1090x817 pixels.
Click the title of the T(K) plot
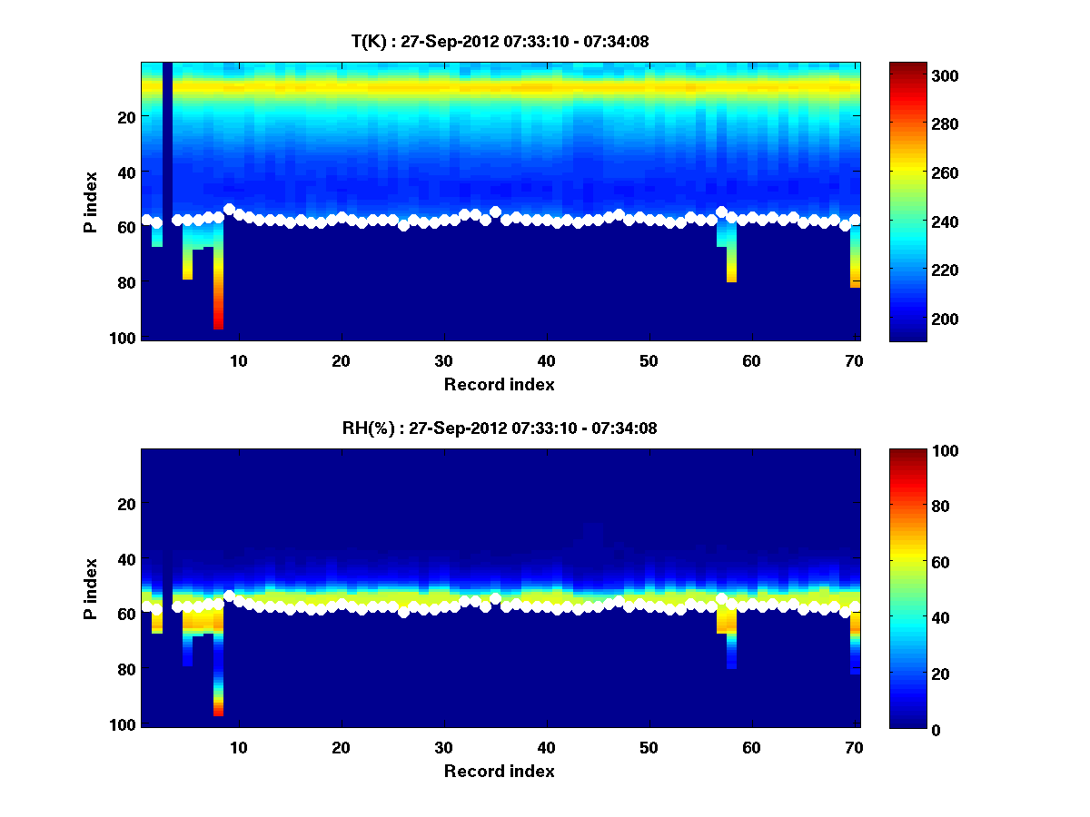click(x=500, y=42)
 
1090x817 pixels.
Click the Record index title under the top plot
click(x=499, y=385)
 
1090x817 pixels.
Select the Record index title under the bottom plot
click(x=499, y=772)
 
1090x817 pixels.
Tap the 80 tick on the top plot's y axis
click(x=126, y=282)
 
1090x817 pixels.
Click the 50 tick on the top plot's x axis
click(x=649, y=360)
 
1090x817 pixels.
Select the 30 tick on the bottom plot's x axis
click(x=443, y=747)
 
